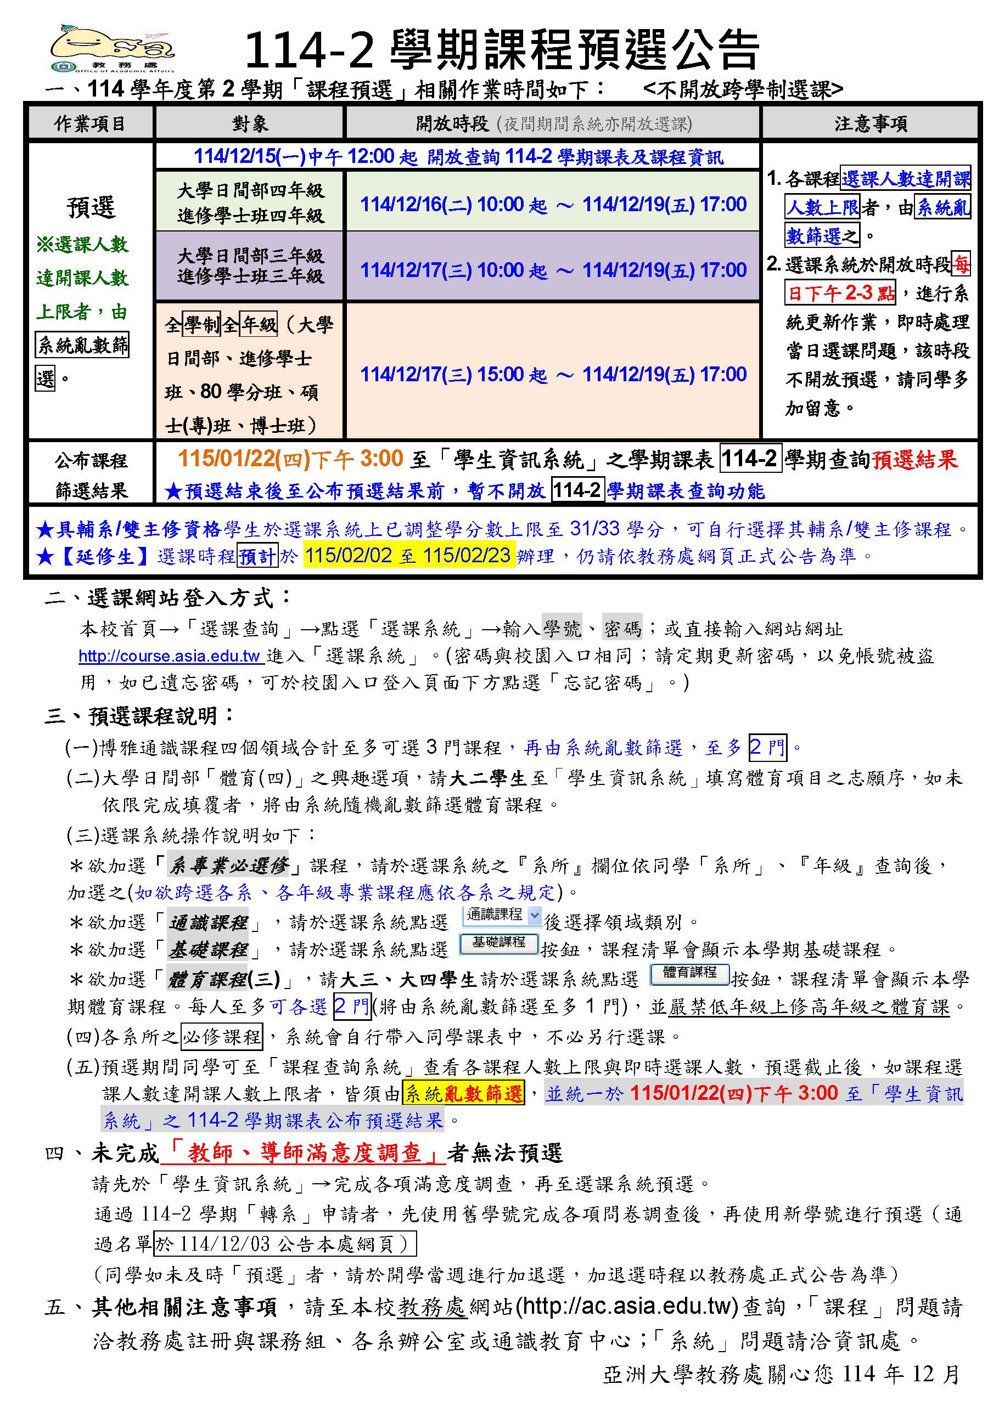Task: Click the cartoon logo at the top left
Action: click(111, 48)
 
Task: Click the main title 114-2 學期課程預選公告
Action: click(501, 49)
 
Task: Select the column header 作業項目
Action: click(90, 123)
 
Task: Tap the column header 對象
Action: click(250, 123)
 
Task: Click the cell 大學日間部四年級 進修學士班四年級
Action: click(250, 202)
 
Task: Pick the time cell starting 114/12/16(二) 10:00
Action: click(552, 204)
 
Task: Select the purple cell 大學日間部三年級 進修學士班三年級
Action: click(250, 266)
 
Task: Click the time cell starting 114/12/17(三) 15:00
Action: click(552, 374)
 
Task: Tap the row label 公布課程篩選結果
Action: click(90, 474)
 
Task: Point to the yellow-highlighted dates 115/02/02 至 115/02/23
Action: click(408, 555)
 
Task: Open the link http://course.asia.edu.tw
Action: click(171, 656)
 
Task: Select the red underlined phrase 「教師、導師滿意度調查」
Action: click(303, 1153)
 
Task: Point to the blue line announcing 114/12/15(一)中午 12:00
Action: click(458, 157)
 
